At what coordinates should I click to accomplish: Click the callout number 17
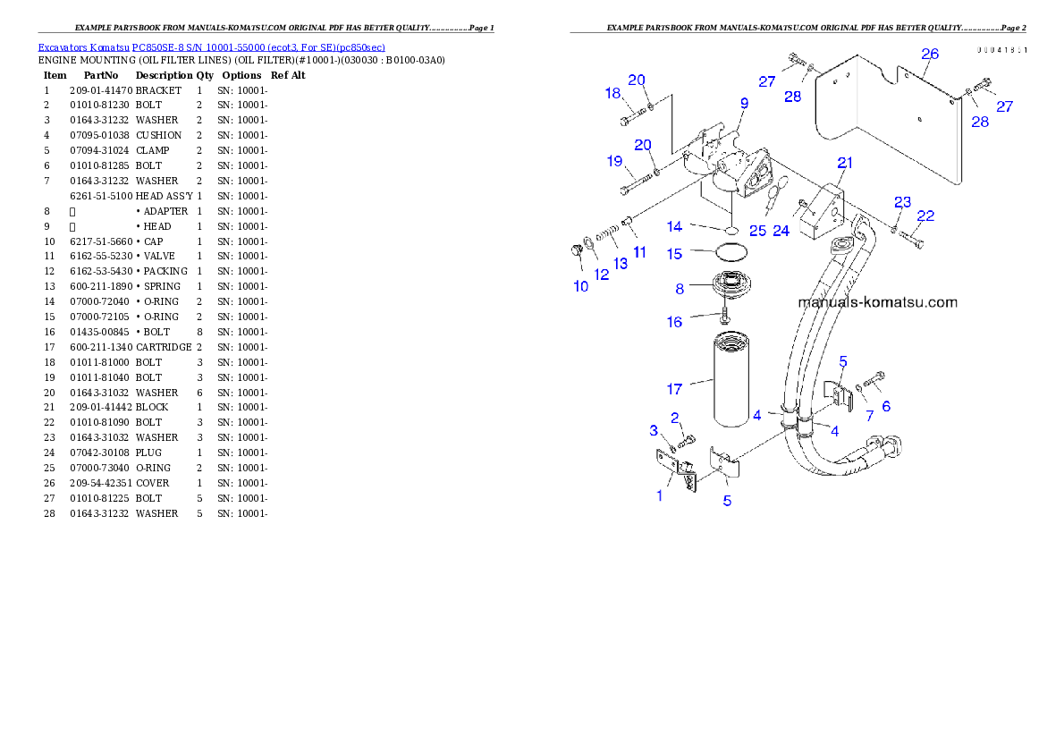[674, 389]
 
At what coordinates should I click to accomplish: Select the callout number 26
[930, 55]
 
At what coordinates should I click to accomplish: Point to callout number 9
[743, 104]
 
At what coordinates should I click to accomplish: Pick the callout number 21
[845, 162]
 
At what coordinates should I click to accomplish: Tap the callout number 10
[581, 286]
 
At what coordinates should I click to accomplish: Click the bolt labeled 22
[910, 239]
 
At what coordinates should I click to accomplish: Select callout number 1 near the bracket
[660, 495]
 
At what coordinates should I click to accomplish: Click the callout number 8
[680, 289]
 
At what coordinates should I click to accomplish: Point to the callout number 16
[674, 322]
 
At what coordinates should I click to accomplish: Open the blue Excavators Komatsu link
[211, 47]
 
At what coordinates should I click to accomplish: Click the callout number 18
[612, 93]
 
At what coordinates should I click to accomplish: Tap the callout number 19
[614, 161]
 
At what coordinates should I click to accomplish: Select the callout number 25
[758, 230]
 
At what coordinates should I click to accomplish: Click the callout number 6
[886, 405]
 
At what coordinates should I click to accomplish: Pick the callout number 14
[674, 227]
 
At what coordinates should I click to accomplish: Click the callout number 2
[676, 417]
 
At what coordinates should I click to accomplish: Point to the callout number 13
[620, 264]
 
